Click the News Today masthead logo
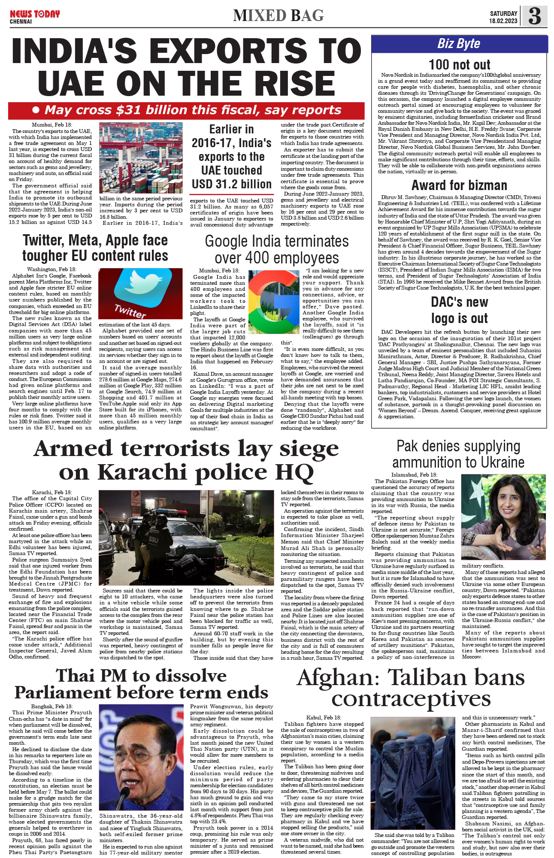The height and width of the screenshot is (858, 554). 35,16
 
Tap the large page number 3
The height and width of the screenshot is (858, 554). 534,16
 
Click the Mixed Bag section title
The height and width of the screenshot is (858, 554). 279,16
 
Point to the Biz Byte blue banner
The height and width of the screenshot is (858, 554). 459,44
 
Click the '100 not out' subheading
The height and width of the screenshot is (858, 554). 459,65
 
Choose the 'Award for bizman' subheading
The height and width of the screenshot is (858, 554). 459,185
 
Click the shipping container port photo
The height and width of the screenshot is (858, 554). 141,157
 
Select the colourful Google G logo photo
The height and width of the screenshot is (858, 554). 274,302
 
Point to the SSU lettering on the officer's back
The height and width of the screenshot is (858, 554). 154,539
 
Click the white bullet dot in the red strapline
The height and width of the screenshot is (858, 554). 36,110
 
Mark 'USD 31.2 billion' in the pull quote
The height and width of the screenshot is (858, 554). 232,184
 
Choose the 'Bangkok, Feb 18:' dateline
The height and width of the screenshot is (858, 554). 52,706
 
